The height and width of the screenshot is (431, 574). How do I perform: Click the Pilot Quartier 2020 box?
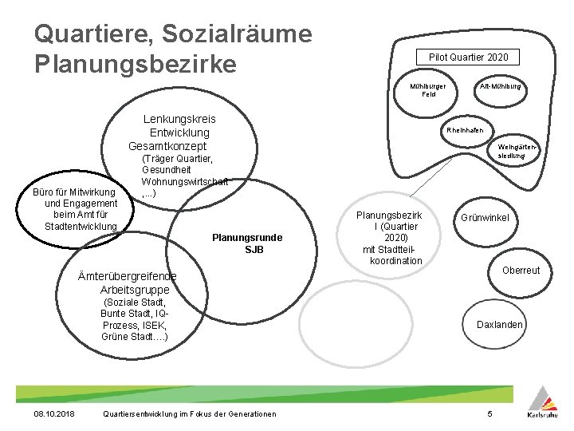click(x=468, y=57)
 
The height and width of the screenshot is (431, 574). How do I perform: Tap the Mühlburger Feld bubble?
click(x=428, y=89)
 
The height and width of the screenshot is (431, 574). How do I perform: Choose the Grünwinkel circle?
click(x=484, y=218)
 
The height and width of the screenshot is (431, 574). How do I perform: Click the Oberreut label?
click(x=521, y=271)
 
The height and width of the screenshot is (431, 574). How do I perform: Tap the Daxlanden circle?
click(x=500, y=324)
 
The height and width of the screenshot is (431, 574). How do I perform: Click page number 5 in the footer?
click(x=490, y=413)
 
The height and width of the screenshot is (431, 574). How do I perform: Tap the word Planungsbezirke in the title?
click(x=136, y=62)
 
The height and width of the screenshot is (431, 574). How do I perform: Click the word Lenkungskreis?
click(x=179, y=119)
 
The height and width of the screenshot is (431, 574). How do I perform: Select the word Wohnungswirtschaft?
click(x=184, y=182)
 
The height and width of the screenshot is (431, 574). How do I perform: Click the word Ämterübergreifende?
click(x=128, y=276)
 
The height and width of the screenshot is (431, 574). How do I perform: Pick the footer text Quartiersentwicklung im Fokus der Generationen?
click(x=191, y=413)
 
